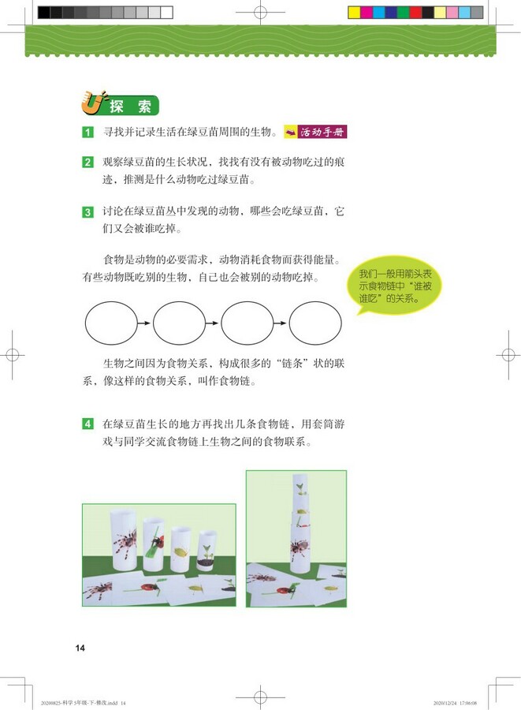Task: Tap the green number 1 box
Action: pos(88,132)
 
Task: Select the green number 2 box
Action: pos(88,163)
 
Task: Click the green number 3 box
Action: pos(88,212)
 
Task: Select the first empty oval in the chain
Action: pos(110,324)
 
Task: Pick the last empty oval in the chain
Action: pos(315,324)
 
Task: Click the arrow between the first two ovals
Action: pos(144,324)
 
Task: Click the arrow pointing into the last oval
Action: pos(281,324)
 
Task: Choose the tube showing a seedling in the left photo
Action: pos(207,548)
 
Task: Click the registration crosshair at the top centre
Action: pos(259,12)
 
